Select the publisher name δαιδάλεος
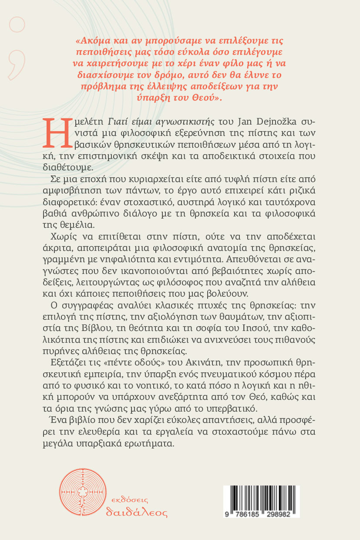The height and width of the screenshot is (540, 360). (137, 512)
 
